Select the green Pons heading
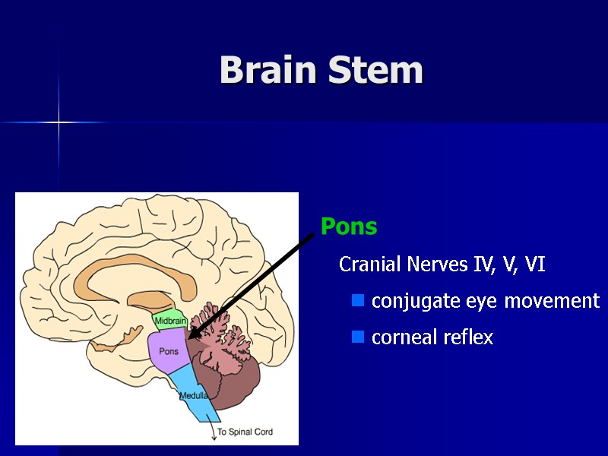(x=349, y=226)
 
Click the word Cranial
(x=371, y=264)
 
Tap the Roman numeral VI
(x=535, y=264)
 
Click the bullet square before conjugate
(x=357, y=302)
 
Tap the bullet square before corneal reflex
(x=357, y=337)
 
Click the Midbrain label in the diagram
(x=170, y=321)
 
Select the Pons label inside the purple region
(x=169, y=351)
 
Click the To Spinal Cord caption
(x=245, y=432)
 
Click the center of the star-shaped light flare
(x=59, y=122)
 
